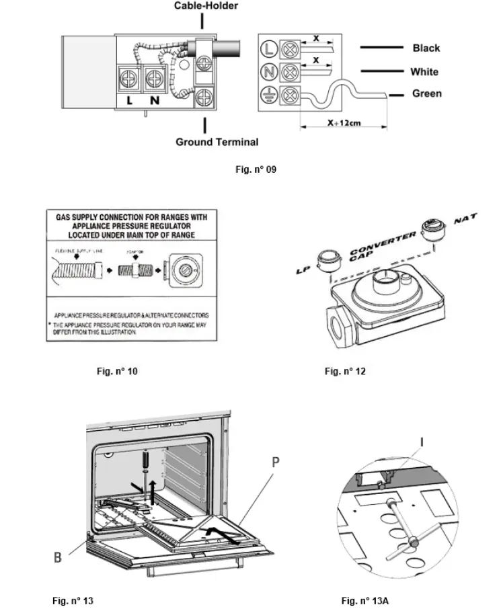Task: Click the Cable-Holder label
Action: click(x=206, y=6)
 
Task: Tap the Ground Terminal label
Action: click(x=217, y=142)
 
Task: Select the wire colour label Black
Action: click(x=426, y=48)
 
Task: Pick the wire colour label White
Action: click(x=424, y=72)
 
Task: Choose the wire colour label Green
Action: click(x=426, y=94)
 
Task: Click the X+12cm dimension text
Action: click(x=344, y=124)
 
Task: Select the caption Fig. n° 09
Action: click(x=256, y=169)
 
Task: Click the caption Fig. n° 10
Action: click(x=117, y=371)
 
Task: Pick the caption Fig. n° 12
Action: click(x=345, y=371)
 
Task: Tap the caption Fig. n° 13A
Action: click(x=364, y=600)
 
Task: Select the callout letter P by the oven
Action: click(x=276, y=463)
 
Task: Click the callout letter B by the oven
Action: click(x=59, y=557)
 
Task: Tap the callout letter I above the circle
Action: click(x=422, y=442)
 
